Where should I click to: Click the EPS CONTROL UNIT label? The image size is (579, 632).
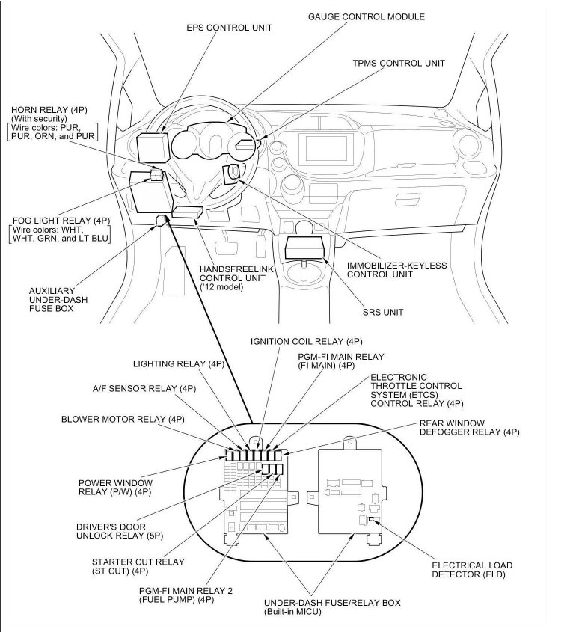[x=229, y=28]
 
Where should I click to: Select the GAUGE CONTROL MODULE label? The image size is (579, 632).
[x=367, y=16]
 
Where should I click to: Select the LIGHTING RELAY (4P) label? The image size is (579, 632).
[x=178, y=364]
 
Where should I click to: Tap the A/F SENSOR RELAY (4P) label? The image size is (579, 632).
[x=144, y=388]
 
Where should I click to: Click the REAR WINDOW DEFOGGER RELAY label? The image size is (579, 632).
[x=469, y=427]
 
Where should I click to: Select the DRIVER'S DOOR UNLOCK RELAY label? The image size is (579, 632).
[x=112, y=531]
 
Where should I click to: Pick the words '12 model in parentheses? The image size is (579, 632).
[x=222, y=287]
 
